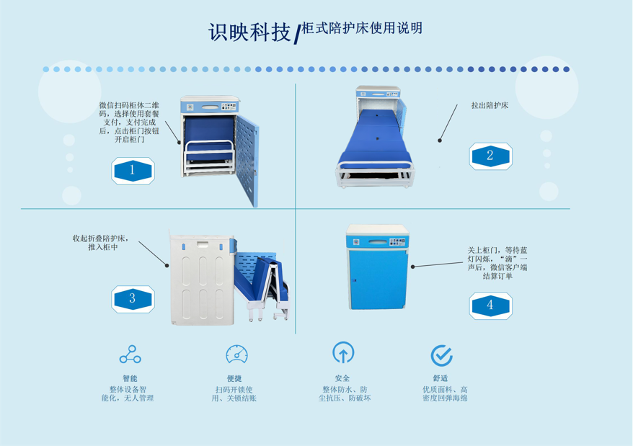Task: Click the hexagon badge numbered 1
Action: [x=133, y=171]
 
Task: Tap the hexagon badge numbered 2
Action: [x=490, y=156]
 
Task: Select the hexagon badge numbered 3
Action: [x=133, y=299]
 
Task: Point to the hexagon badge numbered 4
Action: [x=490, y=305]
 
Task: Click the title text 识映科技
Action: [x=249, y=32]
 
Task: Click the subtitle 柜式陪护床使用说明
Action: [x=362, y=28]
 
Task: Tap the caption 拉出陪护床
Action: [x=490, y=105]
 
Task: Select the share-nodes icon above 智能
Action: [x=130, y=354]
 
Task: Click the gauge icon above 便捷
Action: [x=236, y=354]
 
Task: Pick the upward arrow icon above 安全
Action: [x=343, y=352]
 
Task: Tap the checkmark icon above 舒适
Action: [x=441, y=355]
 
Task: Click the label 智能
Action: [x=130, y=378]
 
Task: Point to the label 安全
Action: [x=342, y=378]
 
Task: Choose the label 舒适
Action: [x=441, y=378]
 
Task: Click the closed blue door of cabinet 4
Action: [x=378, y=280]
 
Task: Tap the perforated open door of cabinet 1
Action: [x=247, y=161]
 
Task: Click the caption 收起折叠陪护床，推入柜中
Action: [x=101, y=243]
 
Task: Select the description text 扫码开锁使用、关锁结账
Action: [x=234, y=394]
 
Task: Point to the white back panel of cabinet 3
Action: [x=202, y=280]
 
